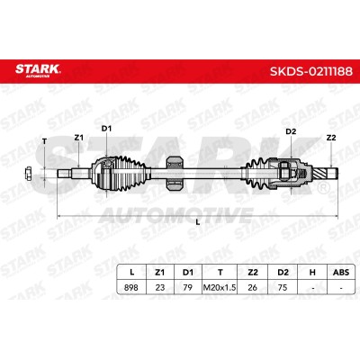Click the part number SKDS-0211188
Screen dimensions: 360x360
coord(311,71)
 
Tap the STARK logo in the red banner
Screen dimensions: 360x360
coord(38,70)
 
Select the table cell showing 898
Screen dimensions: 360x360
coord(131,287)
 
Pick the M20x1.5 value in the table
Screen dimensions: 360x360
coord(220,287)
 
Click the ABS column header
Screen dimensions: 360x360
coord(341,272)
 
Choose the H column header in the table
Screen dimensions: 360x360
coord(312,272)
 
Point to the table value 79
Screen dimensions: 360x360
coord(187,287)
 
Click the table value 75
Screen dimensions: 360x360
coord(283,287)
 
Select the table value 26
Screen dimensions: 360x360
coord(253,287)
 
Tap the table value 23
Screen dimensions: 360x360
coord(160,287)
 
